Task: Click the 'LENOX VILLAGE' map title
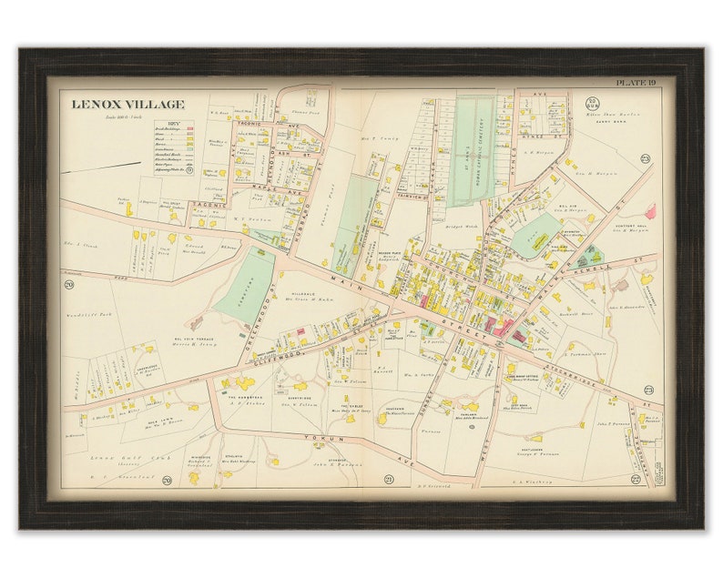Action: pyautogui.click(x=127, y=105)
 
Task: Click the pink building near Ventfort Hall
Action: pyautogui.click(x=650, y=211)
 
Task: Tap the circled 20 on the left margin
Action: pyautogui.click(x=67, y=285)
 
